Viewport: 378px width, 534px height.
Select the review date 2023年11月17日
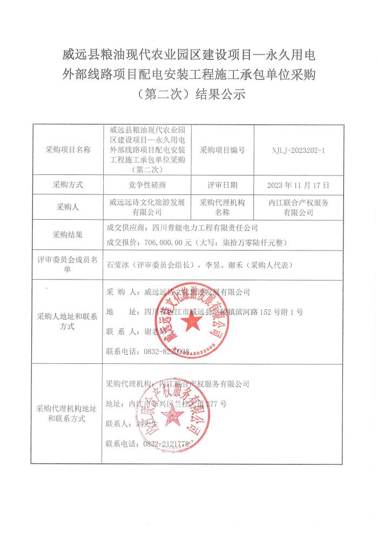298,185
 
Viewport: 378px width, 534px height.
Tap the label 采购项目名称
68,150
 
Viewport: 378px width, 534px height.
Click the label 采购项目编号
222,150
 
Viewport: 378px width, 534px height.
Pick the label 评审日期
222,185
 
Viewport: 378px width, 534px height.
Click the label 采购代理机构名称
222,207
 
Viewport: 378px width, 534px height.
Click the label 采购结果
68,235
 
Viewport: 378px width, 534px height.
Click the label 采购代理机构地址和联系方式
68,413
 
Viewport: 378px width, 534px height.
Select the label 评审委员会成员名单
68,265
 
